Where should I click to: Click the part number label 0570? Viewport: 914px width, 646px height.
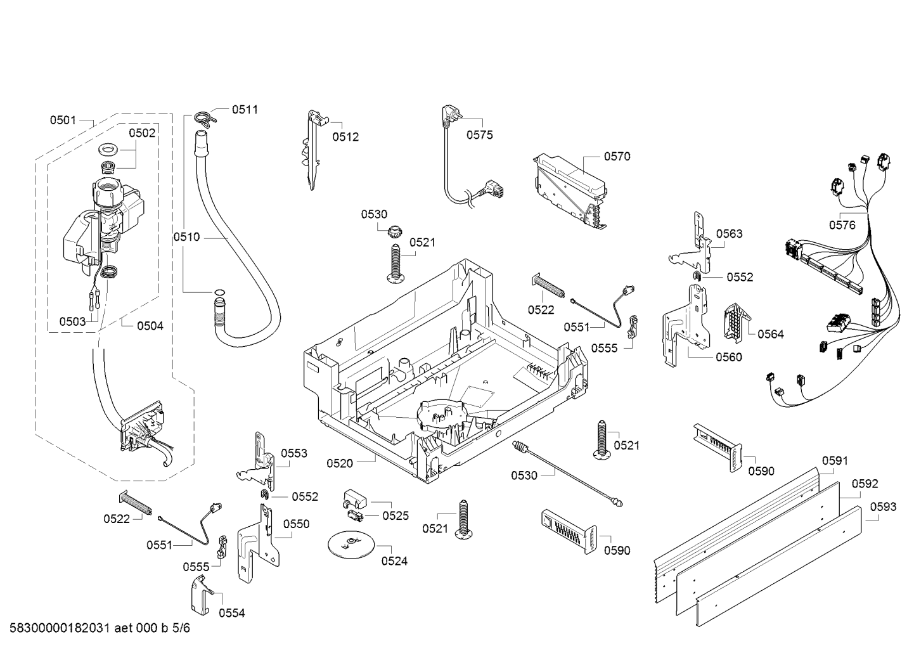coord(617,156)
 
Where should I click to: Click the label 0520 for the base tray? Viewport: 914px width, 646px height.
coord(340,463)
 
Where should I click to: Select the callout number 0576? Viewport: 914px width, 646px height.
coord(842,224)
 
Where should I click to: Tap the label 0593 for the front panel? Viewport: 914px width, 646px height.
coord(883,507)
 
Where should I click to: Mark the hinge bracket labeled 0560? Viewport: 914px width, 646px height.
coord(684,324)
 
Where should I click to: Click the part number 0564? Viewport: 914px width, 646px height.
coord(770,334)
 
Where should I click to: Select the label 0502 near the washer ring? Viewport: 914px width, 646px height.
coord(142,133)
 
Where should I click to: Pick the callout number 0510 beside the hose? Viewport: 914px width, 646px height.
coord(186,237)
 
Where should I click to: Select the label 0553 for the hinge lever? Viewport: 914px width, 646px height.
coord(294,453)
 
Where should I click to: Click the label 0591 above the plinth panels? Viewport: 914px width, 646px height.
coord(835,461)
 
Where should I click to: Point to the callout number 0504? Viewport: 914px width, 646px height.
coord(150,326)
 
